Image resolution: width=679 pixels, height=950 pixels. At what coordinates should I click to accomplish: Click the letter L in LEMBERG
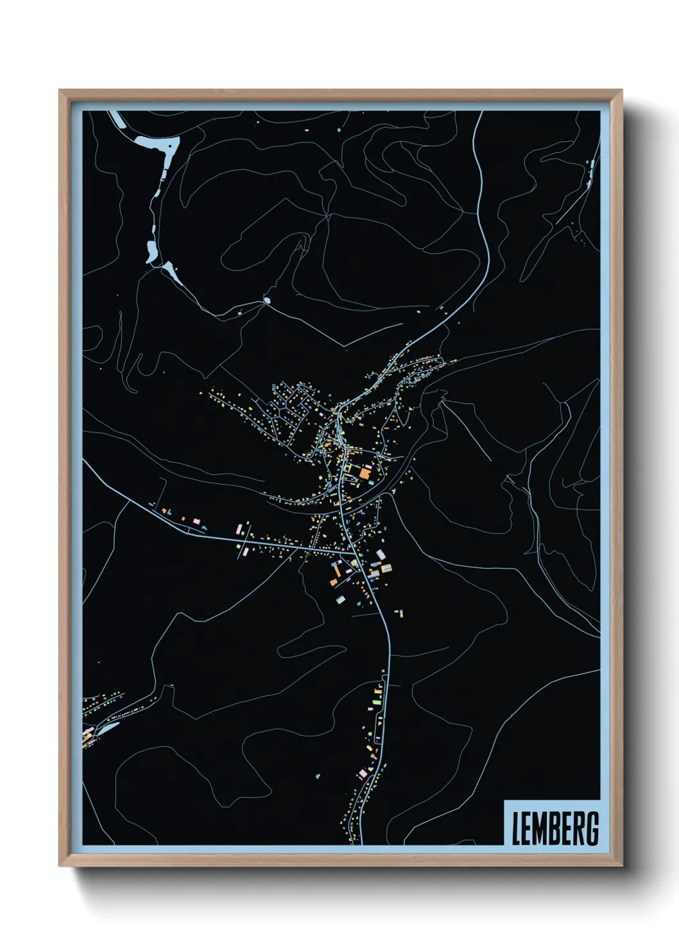click(516, 829)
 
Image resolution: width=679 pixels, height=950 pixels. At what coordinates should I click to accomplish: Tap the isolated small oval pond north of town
click(267, 300)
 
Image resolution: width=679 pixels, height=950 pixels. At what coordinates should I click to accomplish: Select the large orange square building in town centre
click(365, 474)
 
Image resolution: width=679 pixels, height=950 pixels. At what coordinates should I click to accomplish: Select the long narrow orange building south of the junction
click(334, 571)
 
